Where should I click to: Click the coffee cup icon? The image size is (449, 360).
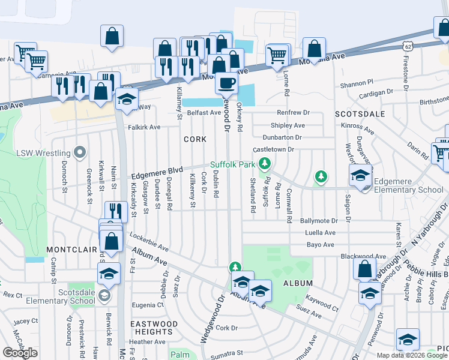[226, 83]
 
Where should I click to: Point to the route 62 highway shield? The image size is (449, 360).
[408, 46]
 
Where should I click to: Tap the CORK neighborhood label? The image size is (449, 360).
[195, 139]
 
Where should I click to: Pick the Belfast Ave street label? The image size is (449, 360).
[203, 113]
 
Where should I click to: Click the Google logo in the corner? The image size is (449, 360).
[20, 353]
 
